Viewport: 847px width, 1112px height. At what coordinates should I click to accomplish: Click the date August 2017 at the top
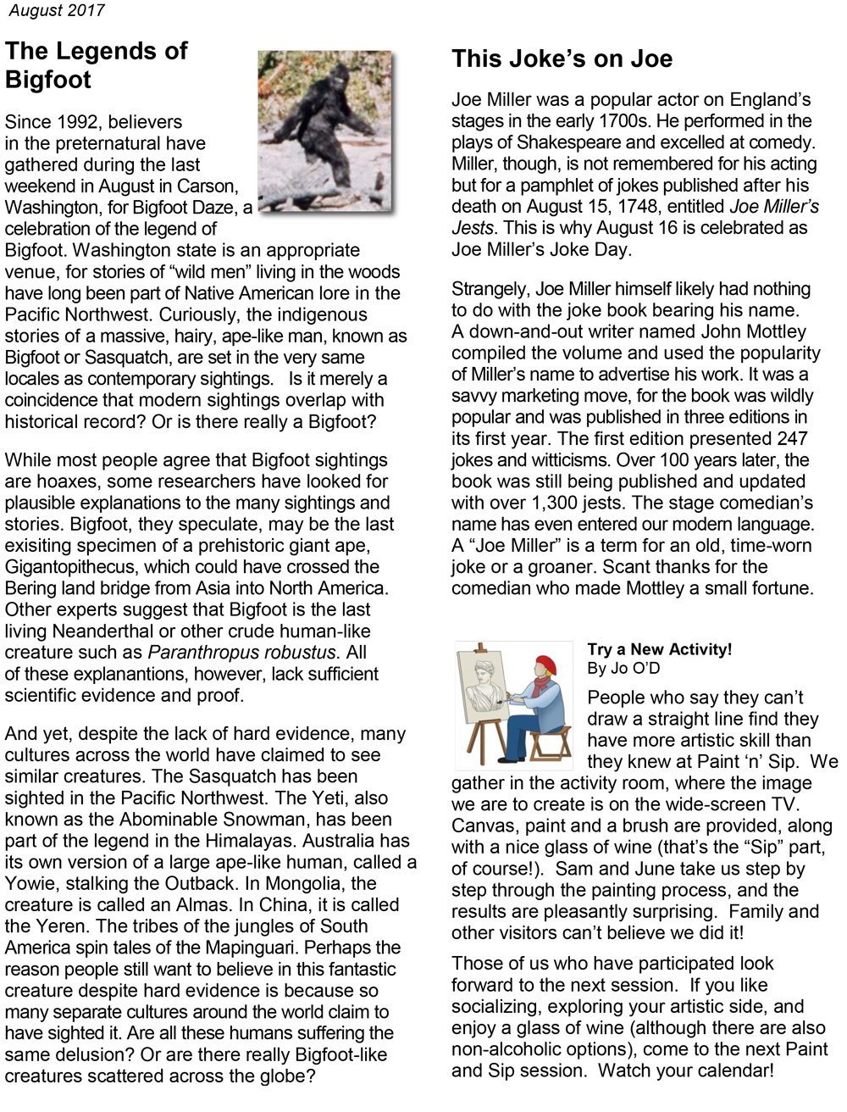coord(57,11)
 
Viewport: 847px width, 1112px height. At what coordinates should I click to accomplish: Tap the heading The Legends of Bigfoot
coord(96,65)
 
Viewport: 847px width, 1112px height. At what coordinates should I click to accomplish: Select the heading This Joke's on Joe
coord(562,58)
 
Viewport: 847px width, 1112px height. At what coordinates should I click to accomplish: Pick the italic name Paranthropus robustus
coord(243,653)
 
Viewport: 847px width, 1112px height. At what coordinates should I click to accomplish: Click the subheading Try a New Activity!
coord(659,649)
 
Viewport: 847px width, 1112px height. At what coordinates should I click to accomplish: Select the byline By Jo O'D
coord(623,669)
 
